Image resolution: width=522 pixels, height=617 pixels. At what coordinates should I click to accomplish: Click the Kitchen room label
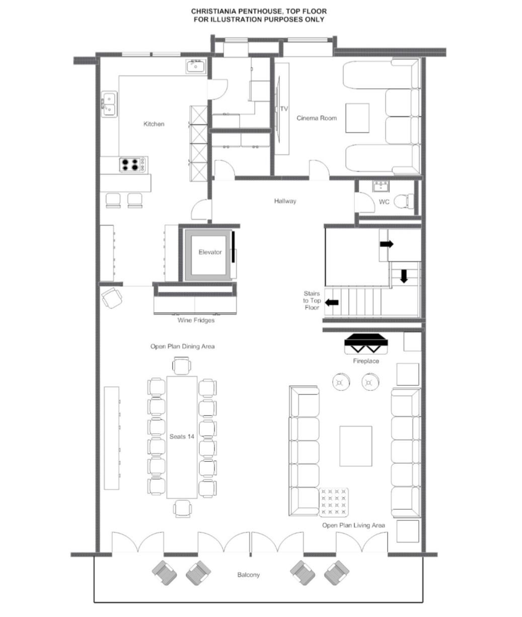point(154,124)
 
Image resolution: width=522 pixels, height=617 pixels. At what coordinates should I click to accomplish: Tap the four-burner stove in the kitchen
point(133,165)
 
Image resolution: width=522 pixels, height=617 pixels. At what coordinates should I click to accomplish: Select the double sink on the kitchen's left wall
point(109,104)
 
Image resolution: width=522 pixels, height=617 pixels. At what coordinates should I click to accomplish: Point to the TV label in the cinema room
point(284,109)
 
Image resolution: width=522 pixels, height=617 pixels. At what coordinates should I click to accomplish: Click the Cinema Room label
point(317,118)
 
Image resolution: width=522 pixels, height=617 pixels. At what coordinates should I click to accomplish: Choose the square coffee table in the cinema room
point(357,118)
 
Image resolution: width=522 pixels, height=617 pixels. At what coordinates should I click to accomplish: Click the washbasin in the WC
point(381,186)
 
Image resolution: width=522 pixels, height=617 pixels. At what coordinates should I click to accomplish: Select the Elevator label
point(210,252)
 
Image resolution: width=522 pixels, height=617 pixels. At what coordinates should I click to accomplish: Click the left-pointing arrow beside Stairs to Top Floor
point(331,302)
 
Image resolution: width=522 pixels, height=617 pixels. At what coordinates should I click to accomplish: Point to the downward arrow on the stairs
point(404,276)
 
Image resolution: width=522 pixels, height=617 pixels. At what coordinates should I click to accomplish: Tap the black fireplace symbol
point(366,344)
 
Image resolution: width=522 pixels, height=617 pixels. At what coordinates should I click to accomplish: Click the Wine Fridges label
point(196,320)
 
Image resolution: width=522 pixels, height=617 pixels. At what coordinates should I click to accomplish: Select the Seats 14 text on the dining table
point(182,437)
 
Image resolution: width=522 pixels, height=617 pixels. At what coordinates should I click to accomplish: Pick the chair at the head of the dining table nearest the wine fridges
point(181,365)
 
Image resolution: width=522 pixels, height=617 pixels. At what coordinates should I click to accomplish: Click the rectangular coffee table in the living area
point(355,446)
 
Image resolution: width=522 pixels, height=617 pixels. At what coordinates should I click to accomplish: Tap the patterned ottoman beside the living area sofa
point(334,502)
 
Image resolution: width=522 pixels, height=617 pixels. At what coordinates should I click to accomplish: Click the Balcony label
point(249,575)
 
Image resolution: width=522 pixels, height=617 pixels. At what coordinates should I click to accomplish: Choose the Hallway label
point(285,201)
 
